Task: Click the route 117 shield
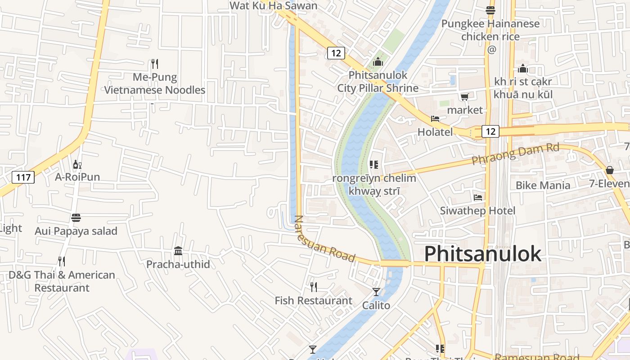click(23, 177)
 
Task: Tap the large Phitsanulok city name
click(482, 254)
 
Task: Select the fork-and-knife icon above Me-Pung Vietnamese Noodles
click(155, 63)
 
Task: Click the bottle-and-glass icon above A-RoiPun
click(77, 164)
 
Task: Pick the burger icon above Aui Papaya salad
click(76, 218)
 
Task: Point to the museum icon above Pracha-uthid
click(178, 251)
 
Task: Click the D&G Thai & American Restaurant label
click(62, 281)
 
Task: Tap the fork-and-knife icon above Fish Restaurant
click(314, 287)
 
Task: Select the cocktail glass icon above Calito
click(376, 292)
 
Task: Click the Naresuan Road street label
click(324, 239)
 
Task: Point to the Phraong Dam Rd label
click(515, 154)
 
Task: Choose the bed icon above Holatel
click(435, 119)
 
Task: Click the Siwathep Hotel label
click(477, 211)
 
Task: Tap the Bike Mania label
click(543, 185)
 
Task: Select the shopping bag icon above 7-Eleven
click(610, 170)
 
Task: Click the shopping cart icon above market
click(465, 97)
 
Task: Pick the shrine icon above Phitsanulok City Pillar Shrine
click(378, 62)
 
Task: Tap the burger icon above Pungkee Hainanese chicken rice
click(490, 10)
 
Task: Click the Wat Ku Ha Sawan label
click(273, 5)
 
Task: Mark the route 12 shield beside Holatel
click(490, 131)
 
